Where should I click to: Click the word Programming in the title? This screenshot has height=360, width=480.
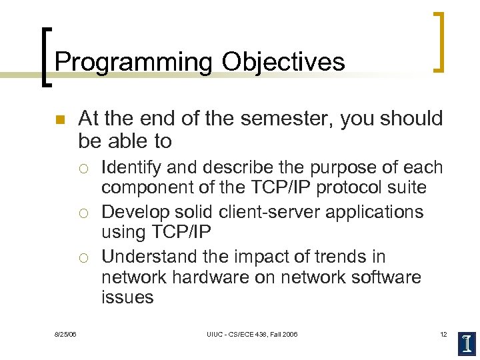pos(134,62)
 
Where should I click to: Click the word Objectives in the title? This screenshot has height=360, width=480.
pos(283,62)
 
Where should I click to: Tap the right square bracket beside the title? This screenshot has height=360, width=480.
pos(438,41)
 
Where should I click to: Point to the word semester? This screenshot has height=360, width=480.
pos(283,119)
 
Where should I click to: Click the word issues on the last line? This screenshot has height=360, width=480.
pos(127,297)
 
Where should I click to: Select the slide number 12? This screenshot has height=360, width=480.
pos(443,334)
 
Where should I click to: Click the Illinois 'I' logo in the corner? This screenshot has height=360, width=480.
pos(467,343)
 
